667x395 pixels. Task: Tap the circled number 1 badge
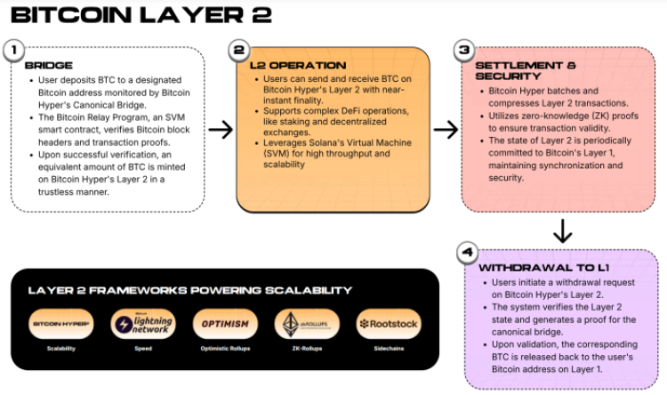click(x=15, y=50)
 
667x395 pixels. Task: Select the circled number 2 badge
click(x=238, y=51)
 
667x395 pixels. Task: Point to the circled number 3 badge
click(x=464, y=51)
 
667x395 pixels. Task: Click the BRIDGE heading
click(x=43, y=66)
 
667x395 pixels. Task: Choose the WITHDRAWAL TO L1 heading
click(x=532, y=267)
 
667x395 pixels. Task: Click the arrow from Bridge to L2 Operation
click(x=220, y=131)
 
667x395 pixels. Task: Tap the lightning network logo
click(x=142, y=324)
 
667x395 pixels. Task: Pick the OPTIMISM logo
click(x=225, y=324)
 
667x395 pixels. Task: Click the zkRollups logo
click(x=307, y=324)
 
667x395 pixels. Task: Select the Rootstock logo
click(x=389, y=324)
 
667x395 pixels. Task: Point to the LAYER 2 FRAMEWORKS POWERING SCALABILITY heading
click(x=189, y=290)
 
